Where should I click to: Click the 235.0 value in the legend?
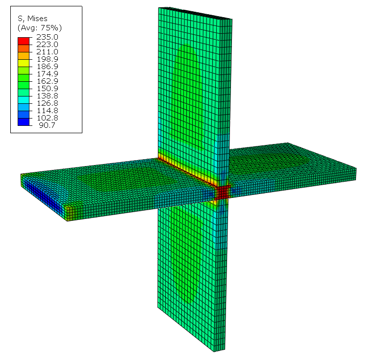tap(47, 37)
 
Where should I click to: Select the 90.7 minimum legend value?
tap(47, 125)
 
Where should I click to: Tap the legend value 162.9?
tap(47, 81)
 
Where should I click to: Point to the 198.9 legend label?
tap(47, 59)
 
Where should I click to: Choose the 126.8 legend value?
tap(47, 103)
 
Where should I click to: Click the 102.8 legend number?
tap(47, 118)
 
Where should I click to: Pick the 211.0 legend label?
tap(47, 52)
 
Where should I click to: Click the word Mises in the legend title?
tap(37, 19)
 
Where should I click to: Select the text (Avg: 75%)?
tap(40, 28)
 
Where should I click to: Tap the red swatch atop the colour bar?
tap(24, 41)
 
